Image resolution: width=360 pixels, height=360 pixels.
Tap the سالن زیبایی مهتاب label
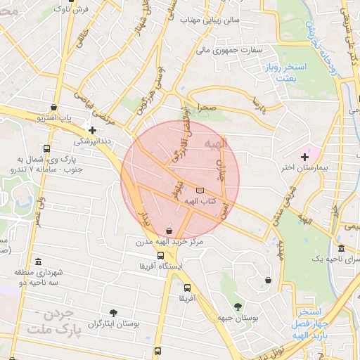click(211, 20)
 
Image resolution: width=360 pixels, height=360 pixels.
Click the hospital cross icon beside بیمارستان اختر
click(304, 156)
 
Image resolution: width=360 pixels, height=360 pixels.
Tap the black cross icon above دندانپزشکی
click(92, 129)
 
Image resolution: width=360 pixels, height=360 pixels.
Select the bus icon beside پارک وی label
click(46, 148)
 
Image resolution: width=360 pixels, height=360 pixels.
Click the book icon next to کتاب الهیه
click(200, 191)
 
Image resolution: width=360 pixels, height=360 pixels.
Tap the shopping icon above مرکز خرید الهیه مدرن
click(168, 231)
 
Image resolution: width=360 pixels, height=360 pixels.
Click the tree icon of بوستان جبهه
click(238, 306)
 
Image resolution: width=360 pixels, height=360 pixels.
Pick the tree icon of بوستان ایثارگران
click(113, 311)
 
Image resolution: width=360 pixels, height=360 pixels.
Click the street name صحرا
click(206, 110)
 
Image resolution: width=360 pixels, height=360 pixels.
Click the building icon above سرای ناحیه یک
click(341, 248)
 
